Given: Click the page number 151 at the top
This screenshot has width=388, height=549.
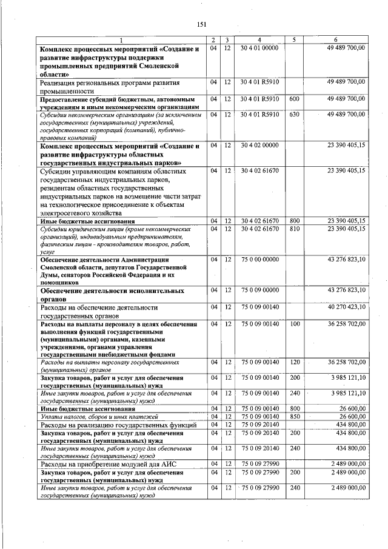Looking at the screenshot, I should coord(202,24).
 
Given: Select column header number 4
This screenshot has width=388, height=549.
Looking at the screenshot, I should coord(259,40).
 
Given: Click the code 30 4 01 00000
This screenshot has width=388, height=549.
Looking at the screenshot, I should coord(259,47).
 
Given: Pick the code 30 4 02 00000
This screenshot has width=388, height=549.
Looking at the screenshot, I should coord(259,146).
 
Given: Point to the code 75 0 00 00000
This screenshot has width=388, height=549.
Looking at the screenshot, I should coord(259,259).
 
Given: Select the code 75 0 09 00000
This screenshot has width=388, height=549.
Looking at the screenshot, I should coord(259,291).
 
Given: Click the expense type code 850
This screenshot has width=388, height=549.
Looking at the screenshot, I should coord(294,417).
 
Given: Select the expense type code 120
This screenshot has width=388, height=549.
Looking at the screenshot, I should coord(294,362).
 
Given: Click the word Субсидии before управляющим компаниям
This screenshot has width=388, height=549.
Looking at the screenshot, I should coord(59,172).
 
